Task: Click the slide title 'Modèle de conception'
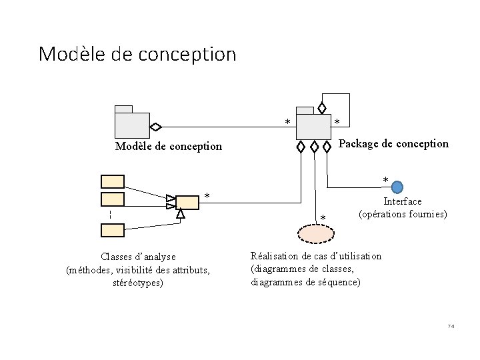point(137,53)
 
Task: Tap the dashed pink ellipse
point(314,234)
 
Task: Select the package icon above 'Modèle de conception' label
point(131,123)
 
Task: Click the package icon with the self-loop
point(313,125)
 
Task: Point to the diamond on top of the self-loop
point(322,107)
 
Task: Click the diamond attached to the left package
point(155,126)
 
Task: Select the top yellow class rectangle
point(112,181)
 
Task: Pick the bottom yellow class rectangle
point(112,230)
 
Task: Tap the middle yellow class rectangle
point(112,199)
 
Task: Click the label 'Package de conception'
point(393,143)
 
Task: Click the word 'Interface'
point(403,201)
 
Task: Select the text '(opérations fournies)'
point(403,215)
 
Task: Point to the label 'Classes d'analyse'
point(138,257)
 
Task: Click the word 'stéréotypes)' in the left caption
point(138,283)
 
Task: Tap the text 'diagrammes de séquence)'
point(305,283)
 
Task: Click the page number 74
point(451,326)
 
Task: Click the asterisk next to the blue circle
point(385,181)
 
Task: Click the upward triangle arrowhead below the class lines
point(180,214)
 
